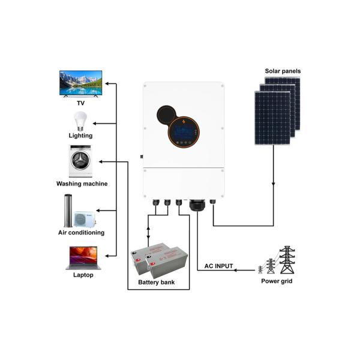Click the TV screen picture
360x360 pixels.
80,83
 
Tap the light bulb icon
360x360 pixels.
80,121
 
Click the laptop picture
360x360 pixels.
80,258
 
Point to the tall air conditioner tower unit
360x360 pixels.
68,211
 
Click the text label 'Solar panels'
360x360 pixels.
283,71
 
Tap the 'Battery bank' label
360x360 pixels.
157,282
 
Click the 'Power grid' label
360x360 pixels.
277,281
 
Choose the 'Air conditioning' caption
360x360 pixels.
81,232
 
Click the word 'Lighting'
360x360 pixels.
80,136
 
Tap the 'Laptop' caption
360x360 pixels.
80,275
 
